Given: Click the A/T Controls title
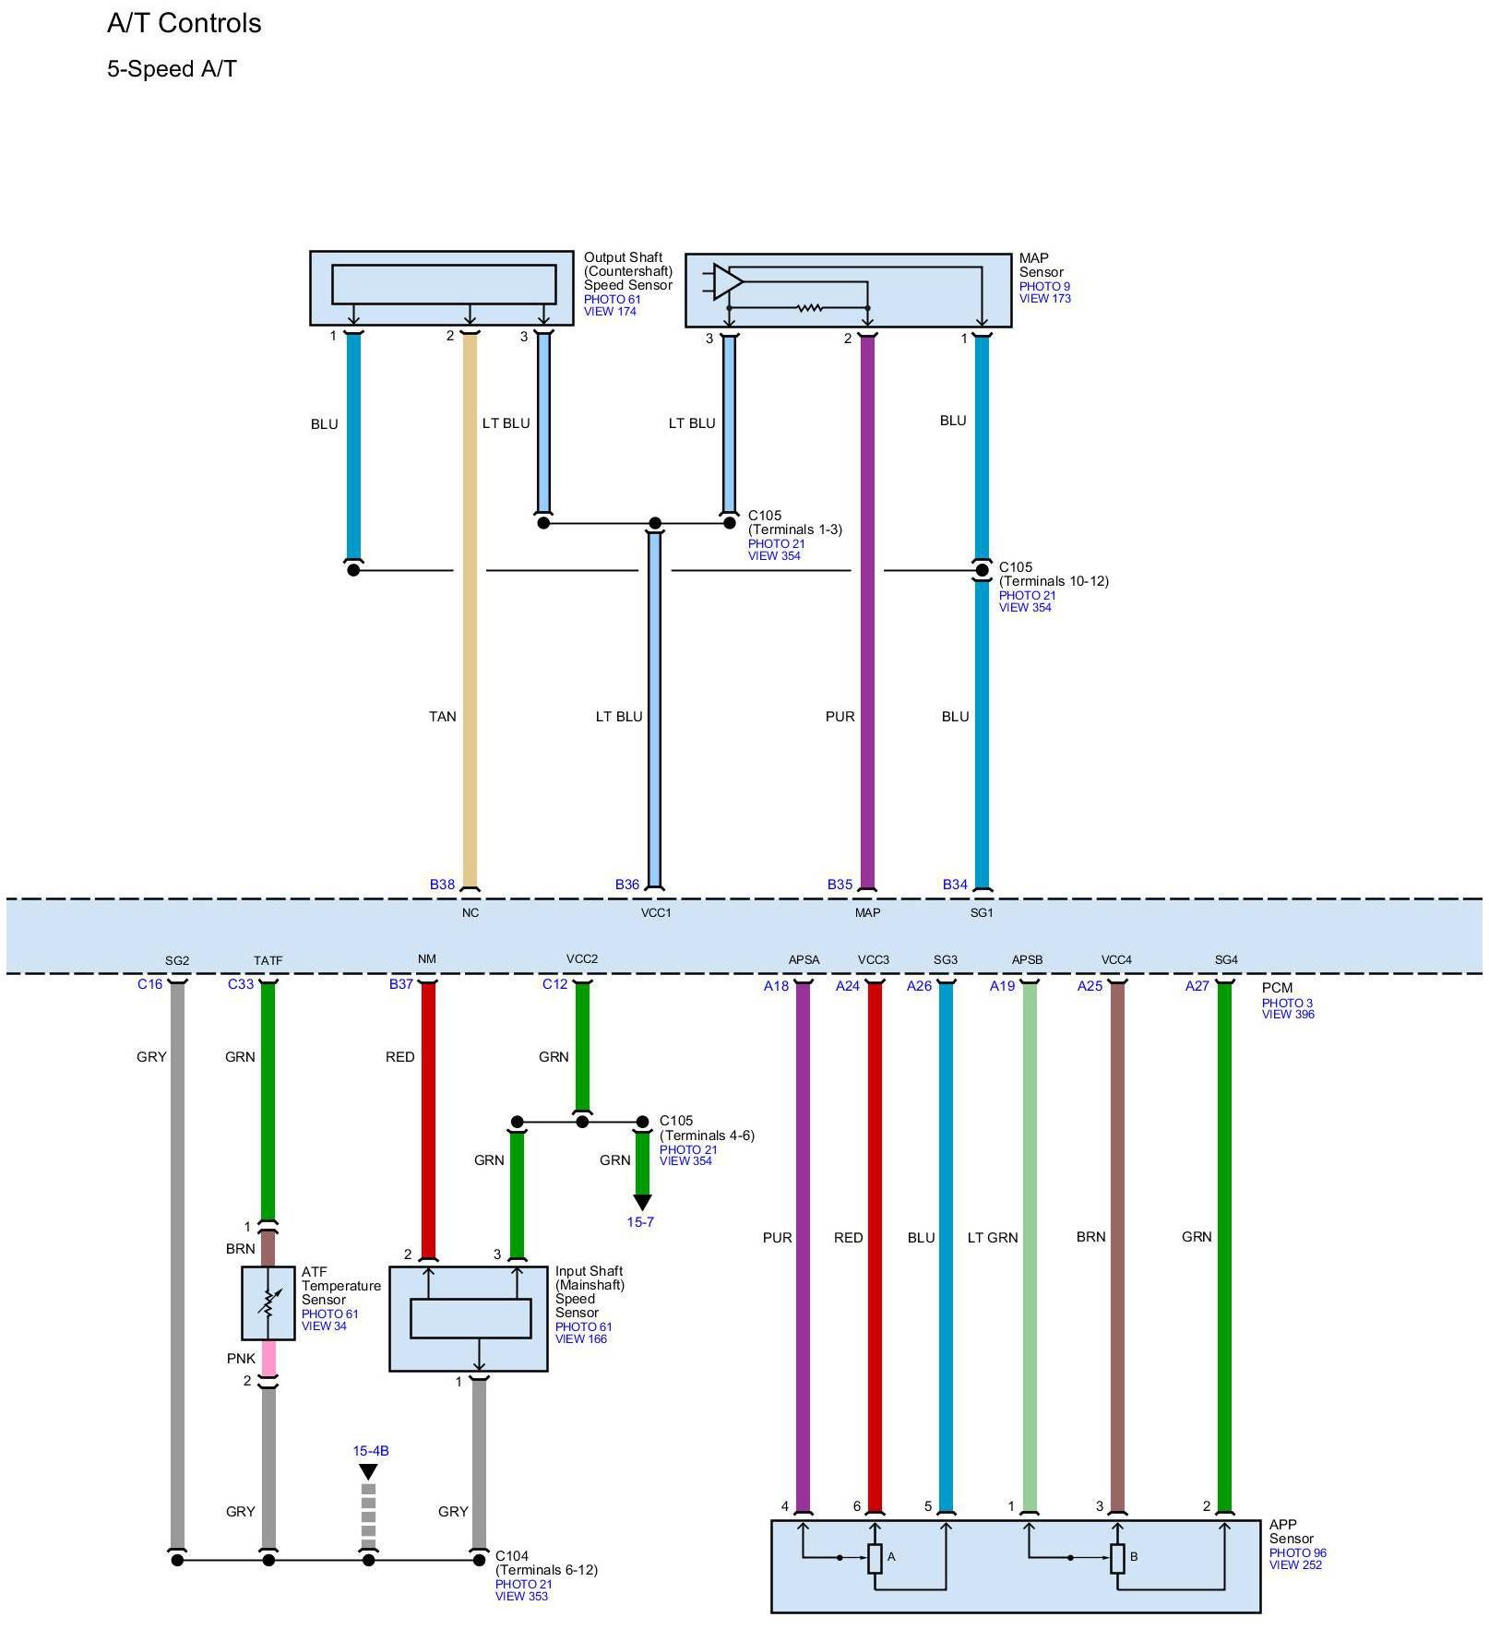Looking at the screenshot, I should pyautogui.click(x=184, y=24).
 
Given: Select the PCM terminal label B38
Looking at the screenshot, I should pyautogui.click(x=442, y=884).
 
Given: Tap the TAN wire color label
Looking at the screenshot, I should pyautogui.click(x=442, y=716).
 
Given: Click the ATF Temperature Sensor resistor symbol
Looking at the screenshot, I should pyautogui.click(x=268, y=1302).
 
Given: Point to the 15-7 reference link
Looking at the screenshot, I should pyautogui.click(x=640, y=1221).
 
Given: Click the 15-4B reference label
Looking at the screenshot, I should pyautogui.click(x=370, y=1450).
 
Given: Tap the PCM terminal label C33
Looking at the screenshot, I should pyautogui.click(x=241, y=984).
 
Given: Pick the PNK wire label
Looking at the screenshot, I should pyautogui.click(x=241, y=1358).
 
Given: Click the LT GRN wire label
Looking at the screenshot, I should pyautogui.click(x=993, y=1237).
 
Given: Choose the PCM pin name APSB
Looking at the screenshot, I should pyautogui.click(x=1027, y=959).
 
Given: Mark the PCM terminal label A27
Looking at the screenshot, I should pyautogui.click(x=1197, y=986).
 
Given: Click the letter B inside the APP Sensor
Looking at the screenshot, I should pyautogui.click(x=1134, y=1556).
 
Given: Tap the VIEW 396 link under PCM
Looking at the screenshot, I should pyautogui.click(x=1288, y=1014).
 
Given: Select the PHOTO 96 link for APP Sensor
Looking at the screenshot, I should pyautogui.click(x=1297, y=1552).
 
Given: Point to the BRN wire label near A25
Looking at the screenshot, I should pyautogui.click(x=1090, y=1236).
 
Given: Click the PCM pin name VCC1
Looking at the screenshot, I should pyautogui.click(x=656, y=912).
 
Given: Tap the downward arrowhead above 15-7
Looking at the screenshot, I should pyautogui.click(x=642, y=1202).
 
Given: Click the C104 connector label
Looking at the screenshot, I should pyautogui.click(x=512, y=1555).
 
